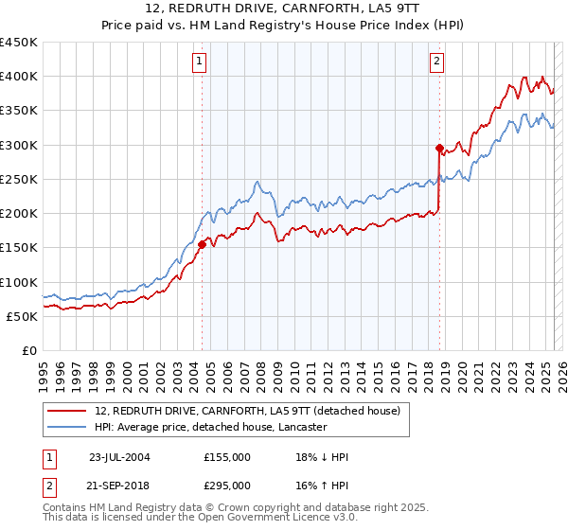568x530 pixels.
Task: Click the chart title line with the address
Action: tap(284, 9)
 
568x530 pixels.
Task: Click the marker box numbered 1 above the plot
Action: tap(201, 62)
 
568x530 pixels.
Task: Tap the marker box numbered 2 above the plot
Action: tap(437, 62)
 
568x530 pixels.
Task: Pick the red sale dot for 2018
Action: tap(439, 148)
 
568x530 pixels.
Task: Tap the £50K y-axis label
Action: tap(23, 316)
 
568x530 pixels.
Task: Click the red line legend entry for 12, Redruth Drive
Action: tap(249, 411)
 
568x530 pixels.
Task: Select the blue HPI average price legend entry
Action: tap(210, 427)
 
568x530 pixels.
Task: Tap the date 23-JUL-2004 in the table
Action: tap(119, 457)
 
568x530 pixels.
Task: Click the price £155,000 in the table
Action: tap(227, 457)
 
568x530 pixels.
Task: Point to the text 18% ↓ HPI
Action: tap(323, 457)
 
